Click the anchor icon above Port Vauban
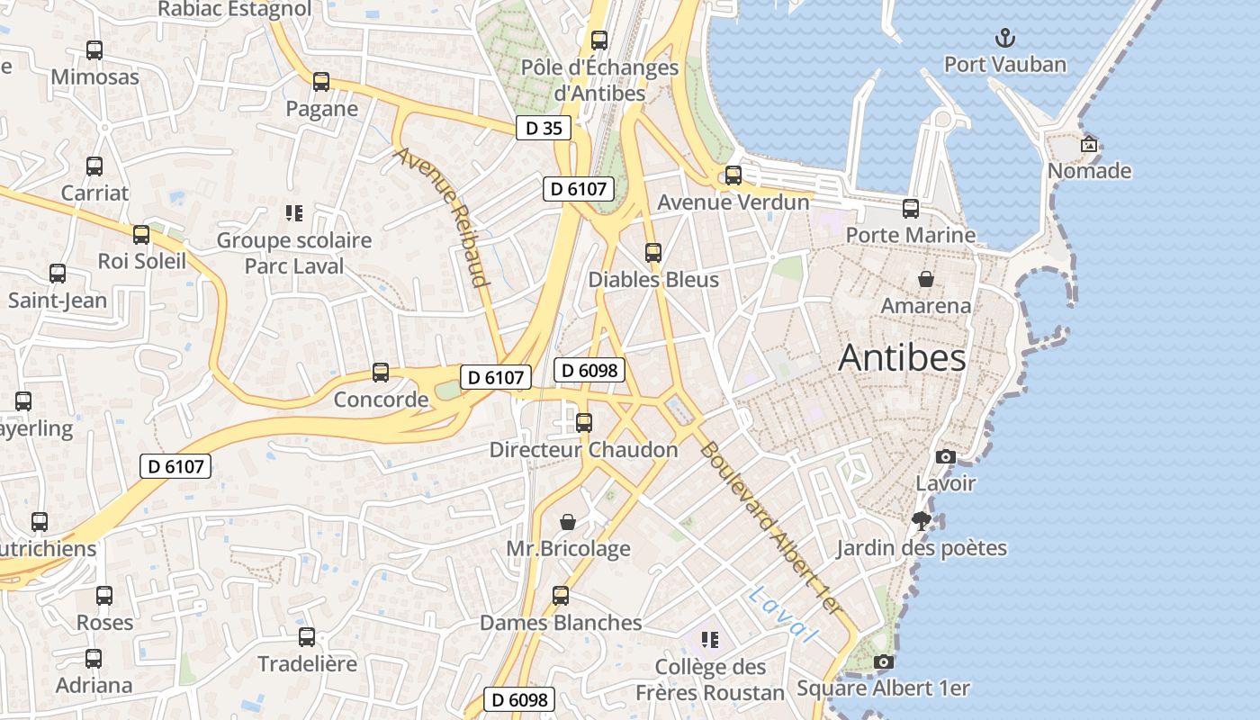click(1004, 38)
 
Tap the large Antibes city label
click(902, 358)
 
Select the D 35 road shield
click(544, 128)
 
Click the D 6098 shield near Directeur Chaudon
click(589, 369)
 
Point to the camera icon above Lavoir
click(945, 456)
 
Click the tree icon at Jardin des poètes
click(921, 520)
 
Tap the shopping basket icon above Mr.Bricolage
click(568, 522)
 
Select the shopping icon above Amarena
click(925, 279)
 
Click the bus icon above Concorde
click(381, 372)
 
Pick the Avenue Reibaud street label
click(442, 217)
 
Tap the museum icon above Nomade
click(1089, 144)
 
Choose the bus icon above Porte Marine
click(911, 209)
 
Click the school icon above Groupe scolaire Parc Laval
click(293, 213)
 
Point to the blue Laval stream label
click(782, 615)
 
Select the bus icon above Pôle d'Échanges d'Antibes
click(599, 40)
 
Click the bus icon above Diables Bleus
click(653, 253)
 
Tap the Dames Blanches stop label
click(561, 623)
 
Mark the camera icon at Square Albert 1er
click(884, 661)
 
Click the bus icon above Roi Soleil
click(141, 235)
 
